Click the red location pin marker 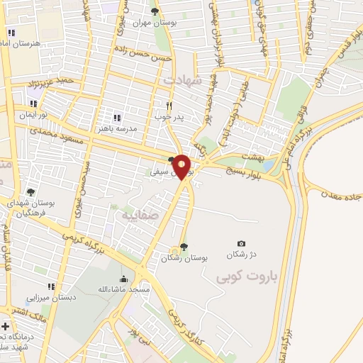182,167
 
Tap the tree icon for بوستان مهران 155,11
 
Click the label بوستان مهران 155,23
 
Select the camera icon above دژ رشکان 241,244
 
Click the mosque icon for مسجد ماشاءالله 125,279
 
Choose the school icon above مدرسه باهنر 117,118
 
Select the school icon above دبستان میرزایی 50,286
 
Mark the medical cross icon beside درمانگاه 6,327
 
